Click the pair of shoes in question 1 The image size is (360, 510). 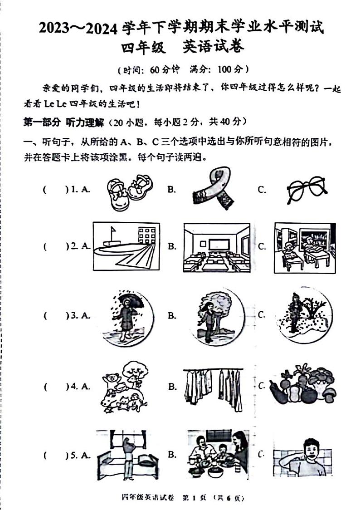(129, 189)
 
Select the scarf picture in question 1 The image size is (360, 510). (210, 189)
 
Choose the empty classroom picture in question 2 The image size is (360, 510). (216, 247)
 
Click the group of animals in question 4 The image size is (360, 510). (123, 387)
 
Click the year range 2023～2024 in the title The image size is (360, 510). (80, 28)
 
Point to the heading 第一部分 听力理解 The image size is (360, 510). (63, 122)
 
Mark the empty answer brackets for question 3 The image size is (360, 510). (55, 315)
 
